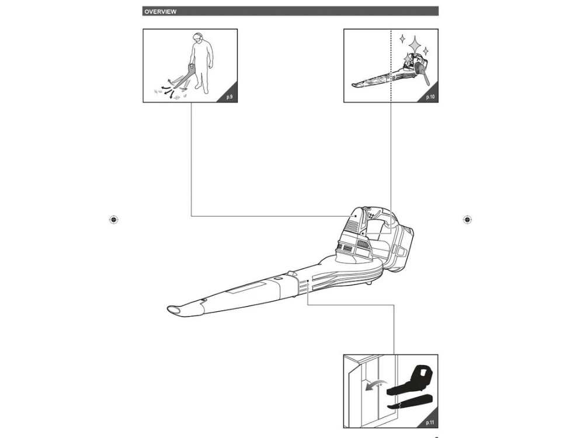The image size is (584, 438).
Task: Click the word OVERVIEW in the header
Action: coord(161,12)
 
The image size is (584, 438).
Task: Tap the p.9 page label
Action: coord(230,97)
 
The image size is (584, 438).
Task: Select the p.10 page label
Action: coord(430,97)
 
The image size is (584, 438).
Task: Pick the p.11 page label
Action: coord(430,423)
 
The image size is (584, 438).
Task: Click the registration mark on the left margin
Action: coord(114,220)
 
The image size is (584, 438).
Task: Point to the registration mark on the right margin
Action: coord(467,220)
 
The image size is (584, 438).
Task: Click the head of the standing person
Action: coord(198,37)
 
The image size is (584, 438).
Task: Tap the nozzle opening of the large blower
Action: coord(173,310)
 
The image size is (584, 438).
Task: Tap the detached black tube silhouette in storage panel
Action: coord(410,401)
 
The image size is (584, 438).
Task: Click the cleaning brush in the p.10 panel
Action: coord(423,72)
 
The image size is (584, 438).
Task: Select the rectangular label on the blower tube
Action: coord(247,288)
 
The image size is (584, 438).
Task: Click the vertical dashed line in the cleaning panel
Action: coord(391,65)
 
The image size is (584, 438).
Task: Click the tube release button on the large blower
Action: coord(277,278)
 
